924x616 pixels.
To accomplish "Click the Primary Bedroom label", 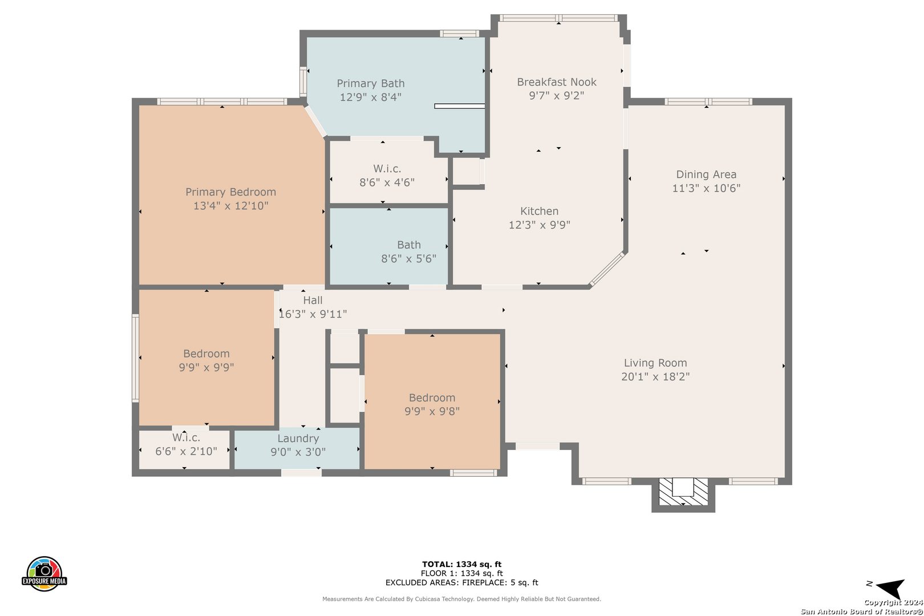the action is click(x=230, y=192).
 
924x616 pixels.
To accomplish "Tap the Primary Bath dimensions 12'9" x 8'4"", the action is click(x=370, y=98).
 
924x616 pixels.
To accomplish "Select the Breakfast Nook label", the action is click(x=557, y=82).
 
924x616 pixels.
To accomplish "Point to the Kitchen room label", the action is click(x=539, y=211).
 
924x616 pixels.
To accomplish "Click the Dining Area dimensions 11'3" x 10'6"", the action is click(x=706, y=189).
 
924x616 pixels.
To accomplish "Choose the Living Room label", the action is click(x=655, y=363).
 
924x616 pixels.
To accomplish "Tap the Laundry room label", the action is click(x=298, y=439).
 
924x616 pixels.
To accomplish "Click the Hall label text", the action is click(x=313, y=301).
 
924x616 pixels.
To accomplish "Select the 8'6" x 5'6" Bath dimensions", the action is click(x=408, y=259).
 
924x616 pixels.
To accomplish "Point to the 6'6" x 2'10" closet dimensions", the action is click(x=186, y=452).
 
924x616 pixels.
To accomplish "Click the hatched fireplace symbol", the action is click(x=683, y=492).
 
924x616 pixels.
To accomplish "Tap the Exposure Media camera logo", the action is click(x=44, y=574).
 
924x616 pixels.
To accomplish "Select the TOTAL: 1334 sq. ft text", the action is click(x=461, y=564).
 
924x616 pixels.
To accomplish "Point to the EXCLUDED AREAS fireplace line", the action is click(x=461, y=582).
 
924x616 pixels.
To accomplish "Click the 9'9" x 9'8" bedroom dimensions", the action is click(x=432, y=412).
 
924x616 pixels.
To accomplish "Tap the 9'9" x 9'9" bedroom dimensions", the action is click(x=206, y=368).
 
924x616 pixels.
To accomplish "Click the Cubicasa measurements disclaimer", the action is click(x=461, y=599).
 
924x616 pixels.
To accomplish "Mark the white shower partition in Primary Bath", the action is click(x=460, y=106).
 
